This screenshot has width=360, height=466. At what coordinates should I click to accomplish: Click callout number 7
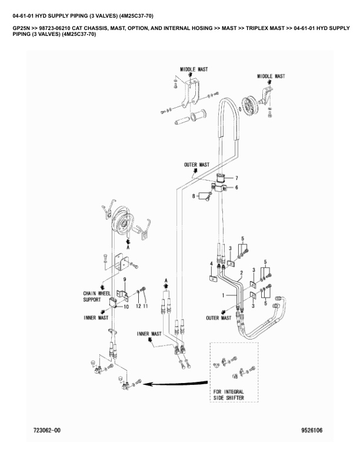tap(236, 178)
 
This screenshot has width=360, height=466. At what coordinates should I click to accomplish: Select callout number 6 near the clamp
tap(236, 188)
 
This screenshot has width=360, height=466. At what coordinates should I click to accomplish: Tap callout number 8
tap(194, 196)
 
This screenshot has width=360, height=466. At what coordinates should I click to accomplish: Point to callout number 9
tap(125, 279)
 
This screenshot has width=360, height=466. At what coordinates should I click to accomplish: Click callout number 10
tap(126, 307)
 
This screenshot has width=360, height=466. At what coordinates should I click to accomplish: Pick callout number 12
tap(138, 306)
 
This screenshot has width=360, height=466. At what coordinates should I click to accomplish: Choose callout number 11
tap(145, 306)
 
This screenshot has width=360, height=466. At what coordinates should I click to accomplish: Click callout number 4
tap(212, 264)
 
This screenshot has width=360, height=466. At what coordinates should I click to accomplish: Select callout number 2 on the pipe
tap(242, 272)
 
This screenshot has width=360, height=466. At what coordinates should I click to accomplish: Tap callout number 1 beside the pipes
tap(223, 295)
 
